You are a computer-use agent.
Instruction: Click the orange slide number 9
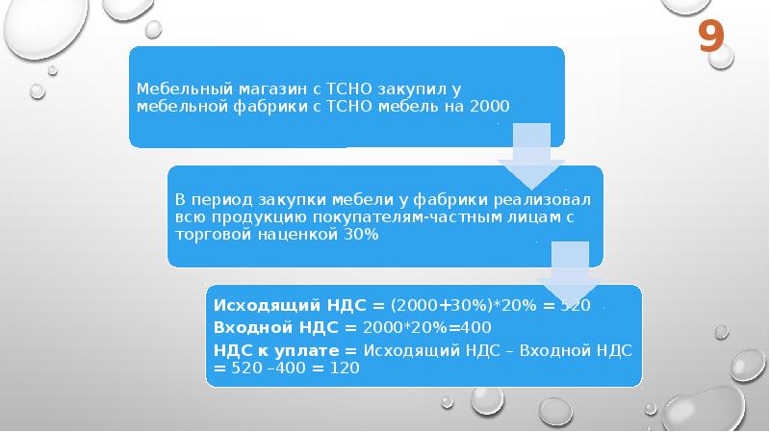tap(711, 38)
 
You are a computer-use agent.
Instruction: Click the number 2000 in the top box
tap(490, 106)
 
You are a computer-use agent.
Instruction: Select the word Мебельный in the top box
tap(184, 89)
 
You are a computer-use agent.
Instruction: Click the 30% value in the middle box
tap(361, 234)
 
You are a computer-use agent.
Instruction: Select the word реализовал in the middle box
tap(542, 200)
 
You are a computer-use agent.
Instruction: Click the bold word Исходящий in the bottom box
tap(267, 305)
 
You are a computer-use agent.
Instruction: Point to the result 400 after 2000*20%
tap(476, 327)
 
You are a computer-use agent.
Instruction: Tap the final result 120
tap(345, 368)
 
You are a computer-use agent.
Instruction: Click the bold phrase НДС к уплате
tap(276, 350)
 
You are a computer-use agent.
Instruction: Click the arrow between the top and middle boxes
tap(531, 156)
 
